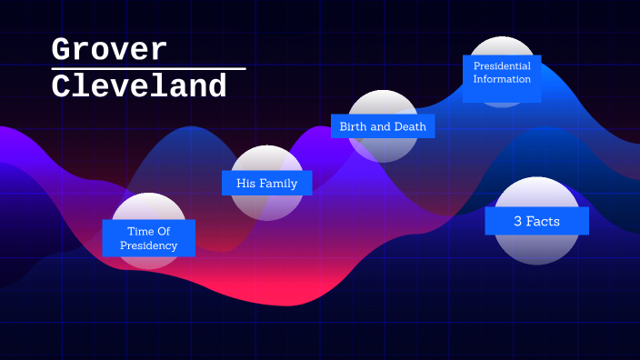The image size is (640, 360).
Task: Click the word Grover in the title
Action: [x=109, y=49]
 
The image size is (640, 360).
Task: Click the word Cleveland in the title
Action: [x=139, y=86]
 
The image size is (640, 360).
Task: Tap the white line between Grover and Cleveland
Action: [x=148, y=68]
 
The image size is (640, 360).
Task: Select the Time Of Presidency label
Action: [x=149, y=238]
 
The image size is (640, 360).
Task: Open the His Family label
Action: [x=266, y=183]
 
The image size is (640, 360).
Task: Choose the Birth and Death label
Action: [x=383, y=126]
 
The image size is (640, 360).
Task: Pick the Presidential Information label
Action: [x=502, y=73]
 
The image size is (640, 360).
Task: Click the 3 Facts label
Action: [x=536, y=221]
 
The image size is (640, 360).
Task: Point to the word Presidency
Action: [x=149, y=245]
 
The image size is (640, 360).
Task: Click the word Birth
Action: [x=355, y=126]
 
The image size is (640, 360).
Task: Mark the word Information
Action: [x=502, y=79]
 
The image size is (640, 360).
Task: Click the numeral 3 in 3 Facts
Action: [x=517, y=221]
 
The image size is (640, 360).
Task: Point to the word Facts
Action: [x=544, y=221]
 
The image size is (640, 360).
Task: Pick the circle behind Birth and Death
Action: [x=383, y=150]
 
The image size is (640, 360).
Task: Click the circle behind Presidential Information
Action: [x=502, y=47]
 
